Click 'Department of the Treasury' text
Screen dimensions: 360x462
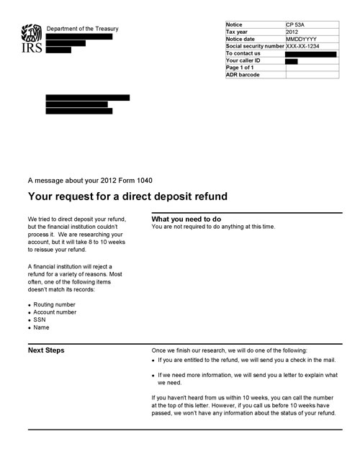[x=82, y=29]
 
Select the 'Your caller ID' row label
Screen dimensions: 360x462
[x=243, y=60]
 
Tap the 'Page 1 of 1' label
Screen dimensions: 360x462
[x=240, y=68]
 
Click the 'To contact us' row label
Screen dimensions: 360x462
[x=243, y=53]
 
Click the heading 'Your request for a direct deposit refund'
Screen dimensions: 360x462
[x=127, y=196]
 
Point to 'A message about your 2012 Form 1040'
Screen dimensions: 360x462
[x=89, y=180]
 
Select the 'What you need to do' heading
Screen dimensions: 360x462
[x=186, y=219]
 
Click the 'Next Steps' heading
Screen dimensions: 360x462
[x=46, y=350]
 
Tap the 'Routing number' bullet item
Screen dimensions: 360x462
[x=54, y=304]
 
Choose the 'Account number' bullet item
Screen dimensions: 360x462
[x=55, y=312]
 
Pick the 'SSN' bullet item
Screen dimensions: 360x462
[x=40, y=320]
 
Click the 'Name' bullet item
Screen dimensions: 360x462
[x=41, y=328]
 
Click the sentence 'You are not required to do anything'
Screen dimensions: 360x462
[x=213, y=227]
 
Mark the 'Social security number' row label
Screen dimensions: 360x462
[x=255, y=46]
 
